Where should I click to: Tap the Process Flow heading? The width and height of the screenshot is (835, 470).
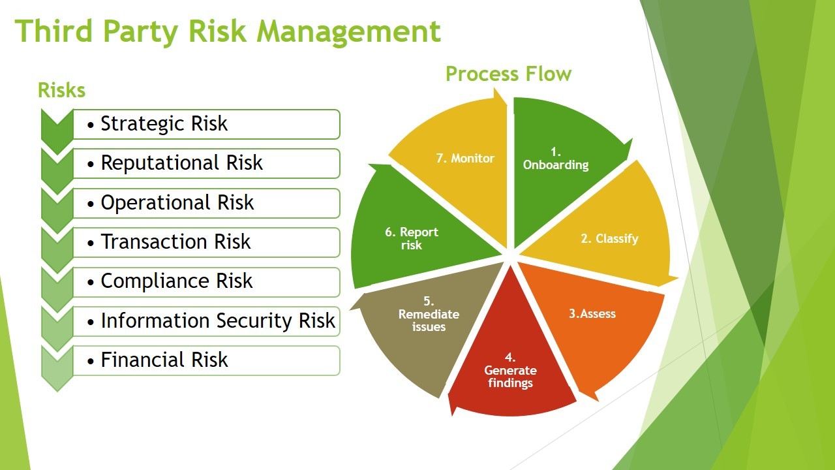point(508,74)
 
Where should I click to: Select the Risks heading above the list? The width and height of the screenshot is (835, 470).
point(61,90)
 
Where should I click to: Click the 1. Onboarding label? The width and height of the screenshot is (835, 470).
point(556,159)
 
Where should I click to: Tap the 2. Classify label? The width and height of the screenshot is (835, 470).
point(609,238)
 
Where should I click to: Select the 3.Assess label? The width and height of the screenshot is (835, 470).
point(592,314)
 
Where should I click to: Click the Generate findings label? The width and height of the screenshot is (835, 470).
point(510,377)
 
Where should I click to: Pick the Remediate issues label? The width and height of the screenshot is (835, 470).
point(429,321)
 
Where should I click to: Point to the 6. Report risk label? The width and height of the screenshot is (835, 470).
point(412,239)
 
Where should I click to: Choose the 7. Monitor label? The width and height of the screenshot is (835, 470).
point(465,158)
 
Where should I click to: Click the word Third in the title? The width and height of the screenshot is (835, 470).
point(53,31)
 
